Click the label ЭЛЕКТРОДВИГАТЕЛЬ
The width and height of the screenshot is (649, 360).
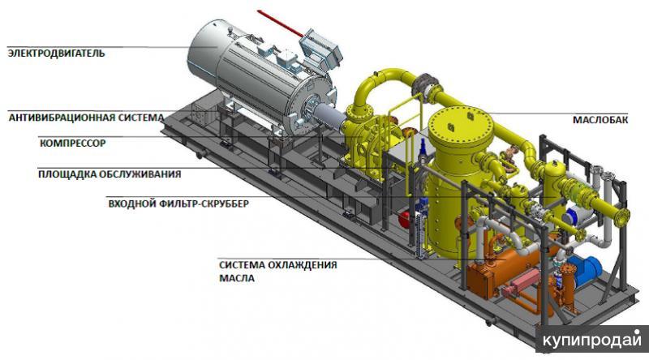56,54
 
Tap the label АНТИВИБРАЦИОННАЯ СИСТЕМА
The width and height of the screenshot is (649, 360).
86,117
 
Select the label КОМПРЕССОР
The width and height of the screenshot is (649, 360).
72,144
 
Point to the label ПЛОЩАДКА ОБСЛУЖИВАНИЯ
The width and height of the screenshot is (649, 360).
110,174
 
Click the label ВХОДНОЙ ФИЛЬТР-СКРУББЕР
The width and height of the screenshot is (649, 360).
178,204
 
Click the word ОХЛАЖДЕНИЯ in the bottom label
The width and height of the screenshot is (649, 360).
300,264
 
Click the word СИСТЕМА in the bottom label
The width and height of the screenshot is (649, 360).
241,264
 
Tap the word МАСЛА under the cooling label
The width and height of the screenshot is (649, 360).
236,278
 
